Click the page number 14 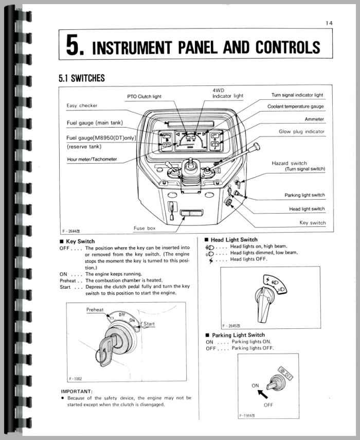(x=329, y=22)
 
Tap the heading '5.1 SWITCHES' (x=81, y=78)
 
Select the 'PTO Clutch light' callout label (x=143, y=96)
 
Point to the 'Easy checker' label (x=82, y=105)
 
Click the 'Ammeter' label (x=314, y=119)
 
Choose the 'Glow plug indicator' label (x=301, y=132)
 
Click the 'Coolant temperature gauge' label (x=295, y=107)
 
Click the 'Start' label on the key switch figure (x=149, y=324)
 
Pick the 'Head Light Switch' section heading (x=234, y=240)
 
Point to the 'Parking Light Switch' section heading (x=238, y=335)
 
